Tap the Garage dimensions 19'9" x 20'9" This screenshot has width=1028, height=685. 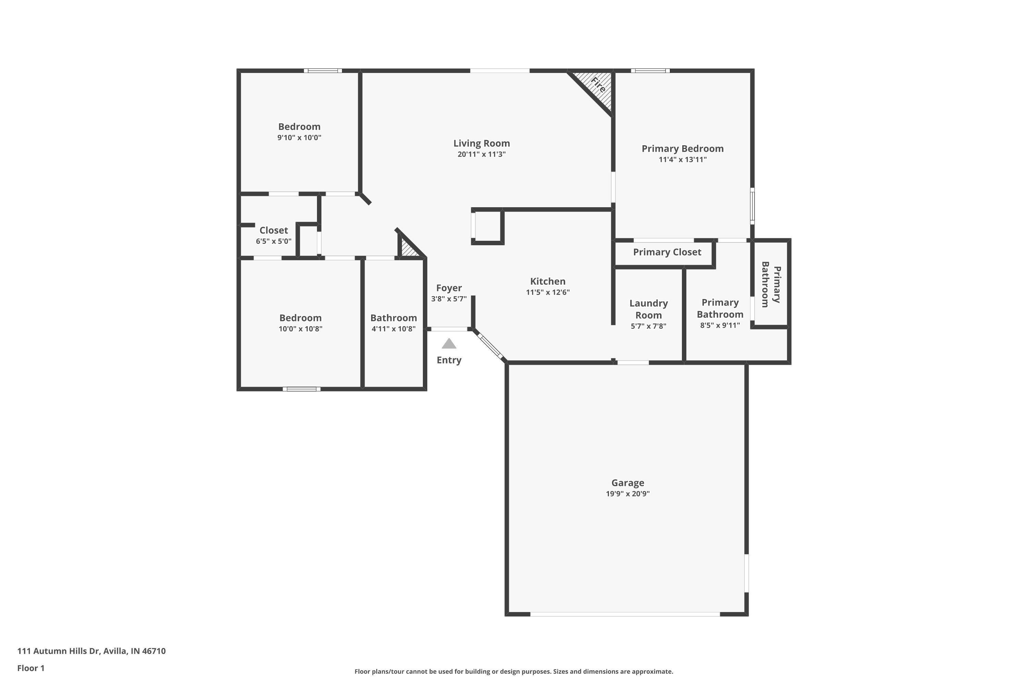tap(628, 494)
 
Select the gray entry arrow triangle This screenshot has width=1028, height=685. tap(449, 344)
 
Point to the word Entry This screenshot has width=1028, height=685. tap(449, 360)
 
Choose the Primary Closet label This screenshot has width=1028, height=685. tap(667, 252)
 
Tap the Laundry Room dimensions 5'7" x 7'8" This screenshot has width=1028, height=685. tap(648, 326)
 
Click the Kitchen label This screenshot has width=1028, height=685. tap(548, 281)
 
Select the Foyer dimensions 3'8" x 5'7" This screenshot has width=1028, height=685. tap(449, 299)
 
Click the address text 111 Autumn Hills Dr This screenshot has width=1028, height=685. tap(59, 651)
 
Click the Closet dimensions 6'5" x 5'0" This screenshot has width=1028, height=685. tap(273, 241)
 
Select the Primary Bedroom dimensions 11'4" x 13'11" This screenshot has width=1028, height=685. tap(682, 160)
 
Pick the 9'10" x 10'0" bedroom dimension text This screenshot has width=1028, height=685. tap(299, 138)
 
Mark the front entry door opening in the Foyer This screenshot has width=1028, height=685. tap(449, 329)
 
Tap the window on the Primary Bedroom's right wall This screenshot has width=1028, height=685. tap(752, 206)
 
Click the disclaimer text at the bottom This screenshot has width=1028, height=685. tap(514, 671)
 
